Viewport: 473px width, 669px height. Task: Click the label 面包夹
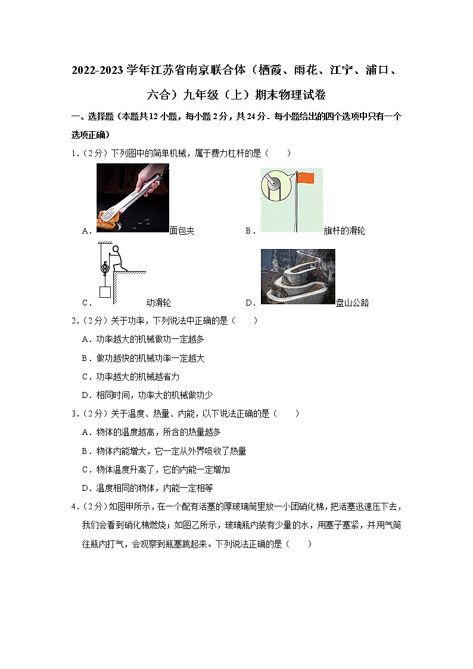click(x=182, y=231)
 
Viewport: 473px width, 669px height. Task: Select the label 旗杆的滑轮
click(x=344, y=231)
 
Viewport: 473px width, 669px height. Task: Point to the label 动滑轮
click(x=158, y=303)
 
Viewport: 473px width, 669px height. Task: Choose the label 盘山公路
click(x=352, y=303)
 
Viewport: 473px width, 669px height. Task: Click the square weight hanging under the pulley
click(x=105, y=292)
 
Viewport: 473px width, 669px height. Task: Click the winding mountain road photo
click(x=298, y=276)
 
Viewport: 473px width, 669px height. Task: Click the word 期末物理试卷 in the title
click(x=290, y=95)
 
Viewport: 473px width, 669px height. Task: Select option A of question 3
click(x=151, y=432)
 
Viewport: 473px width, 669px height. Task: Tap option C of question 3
click(x=155, y=469)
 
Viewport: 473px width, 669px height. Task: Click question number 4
click(x=74, y=506)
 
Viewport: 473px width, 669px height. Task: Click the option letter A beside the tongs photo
click(x=85, y=231)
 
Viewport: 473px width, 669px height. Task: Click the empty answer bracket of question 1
click(x=279, y=153)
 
